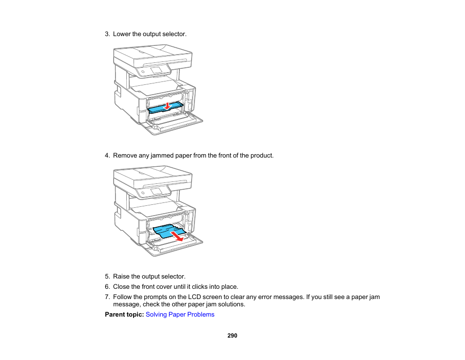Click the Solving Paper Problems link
[x=180, y=315]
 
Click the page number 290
[x=232, y=336]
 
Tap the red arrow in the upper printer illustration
[x=167, y=105]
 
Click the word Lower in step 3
[x=121, y=34]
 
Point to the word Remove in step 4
[x=124, y=156]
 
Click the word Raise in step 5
[x=121, y=277]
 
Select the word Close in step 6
[x=121, y=287]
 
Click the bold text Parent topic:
[x=124, y=315]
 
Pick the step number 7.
[x=107, y=297]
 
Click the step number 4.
[x=107, y=156]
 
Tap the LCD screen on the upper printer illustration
[x=156, y=70]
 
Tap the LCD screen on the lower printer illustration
[x=156, y=192]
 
